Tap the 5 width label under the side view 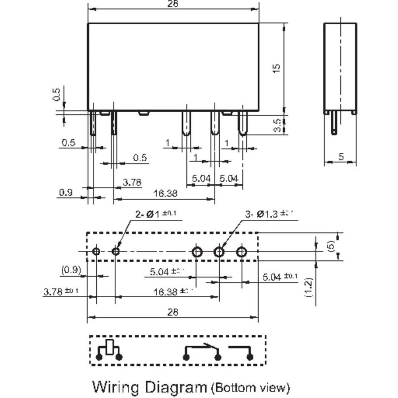341,157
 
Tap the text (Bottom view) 250,386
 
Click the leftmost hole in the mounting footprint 96,252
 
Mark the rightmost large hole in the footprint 242,252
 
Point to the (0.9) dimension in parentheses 71,271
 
